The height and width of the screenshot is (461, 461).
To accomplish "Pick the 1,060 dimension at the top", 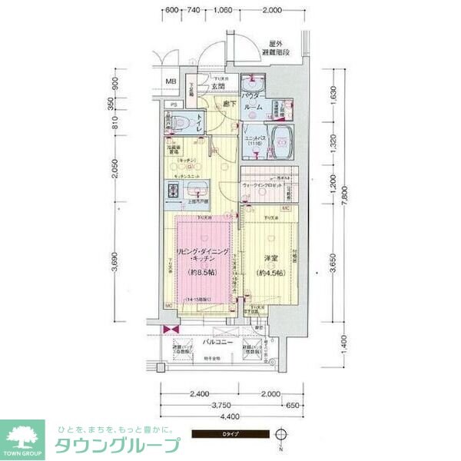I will (223, 11).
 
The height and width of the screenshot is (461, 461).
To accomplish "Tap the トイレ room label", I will (199, 121).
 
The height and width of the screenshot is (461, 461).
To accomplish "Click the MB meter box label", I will (171, 82).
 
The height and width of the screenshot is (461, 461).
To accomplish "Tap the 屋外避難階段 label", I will (274, 48).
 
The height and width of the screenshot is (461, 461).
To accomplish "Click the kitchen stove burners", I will (174, 192).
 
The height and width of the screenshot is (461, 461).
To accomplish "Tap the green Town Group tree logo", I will (24, 436).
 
